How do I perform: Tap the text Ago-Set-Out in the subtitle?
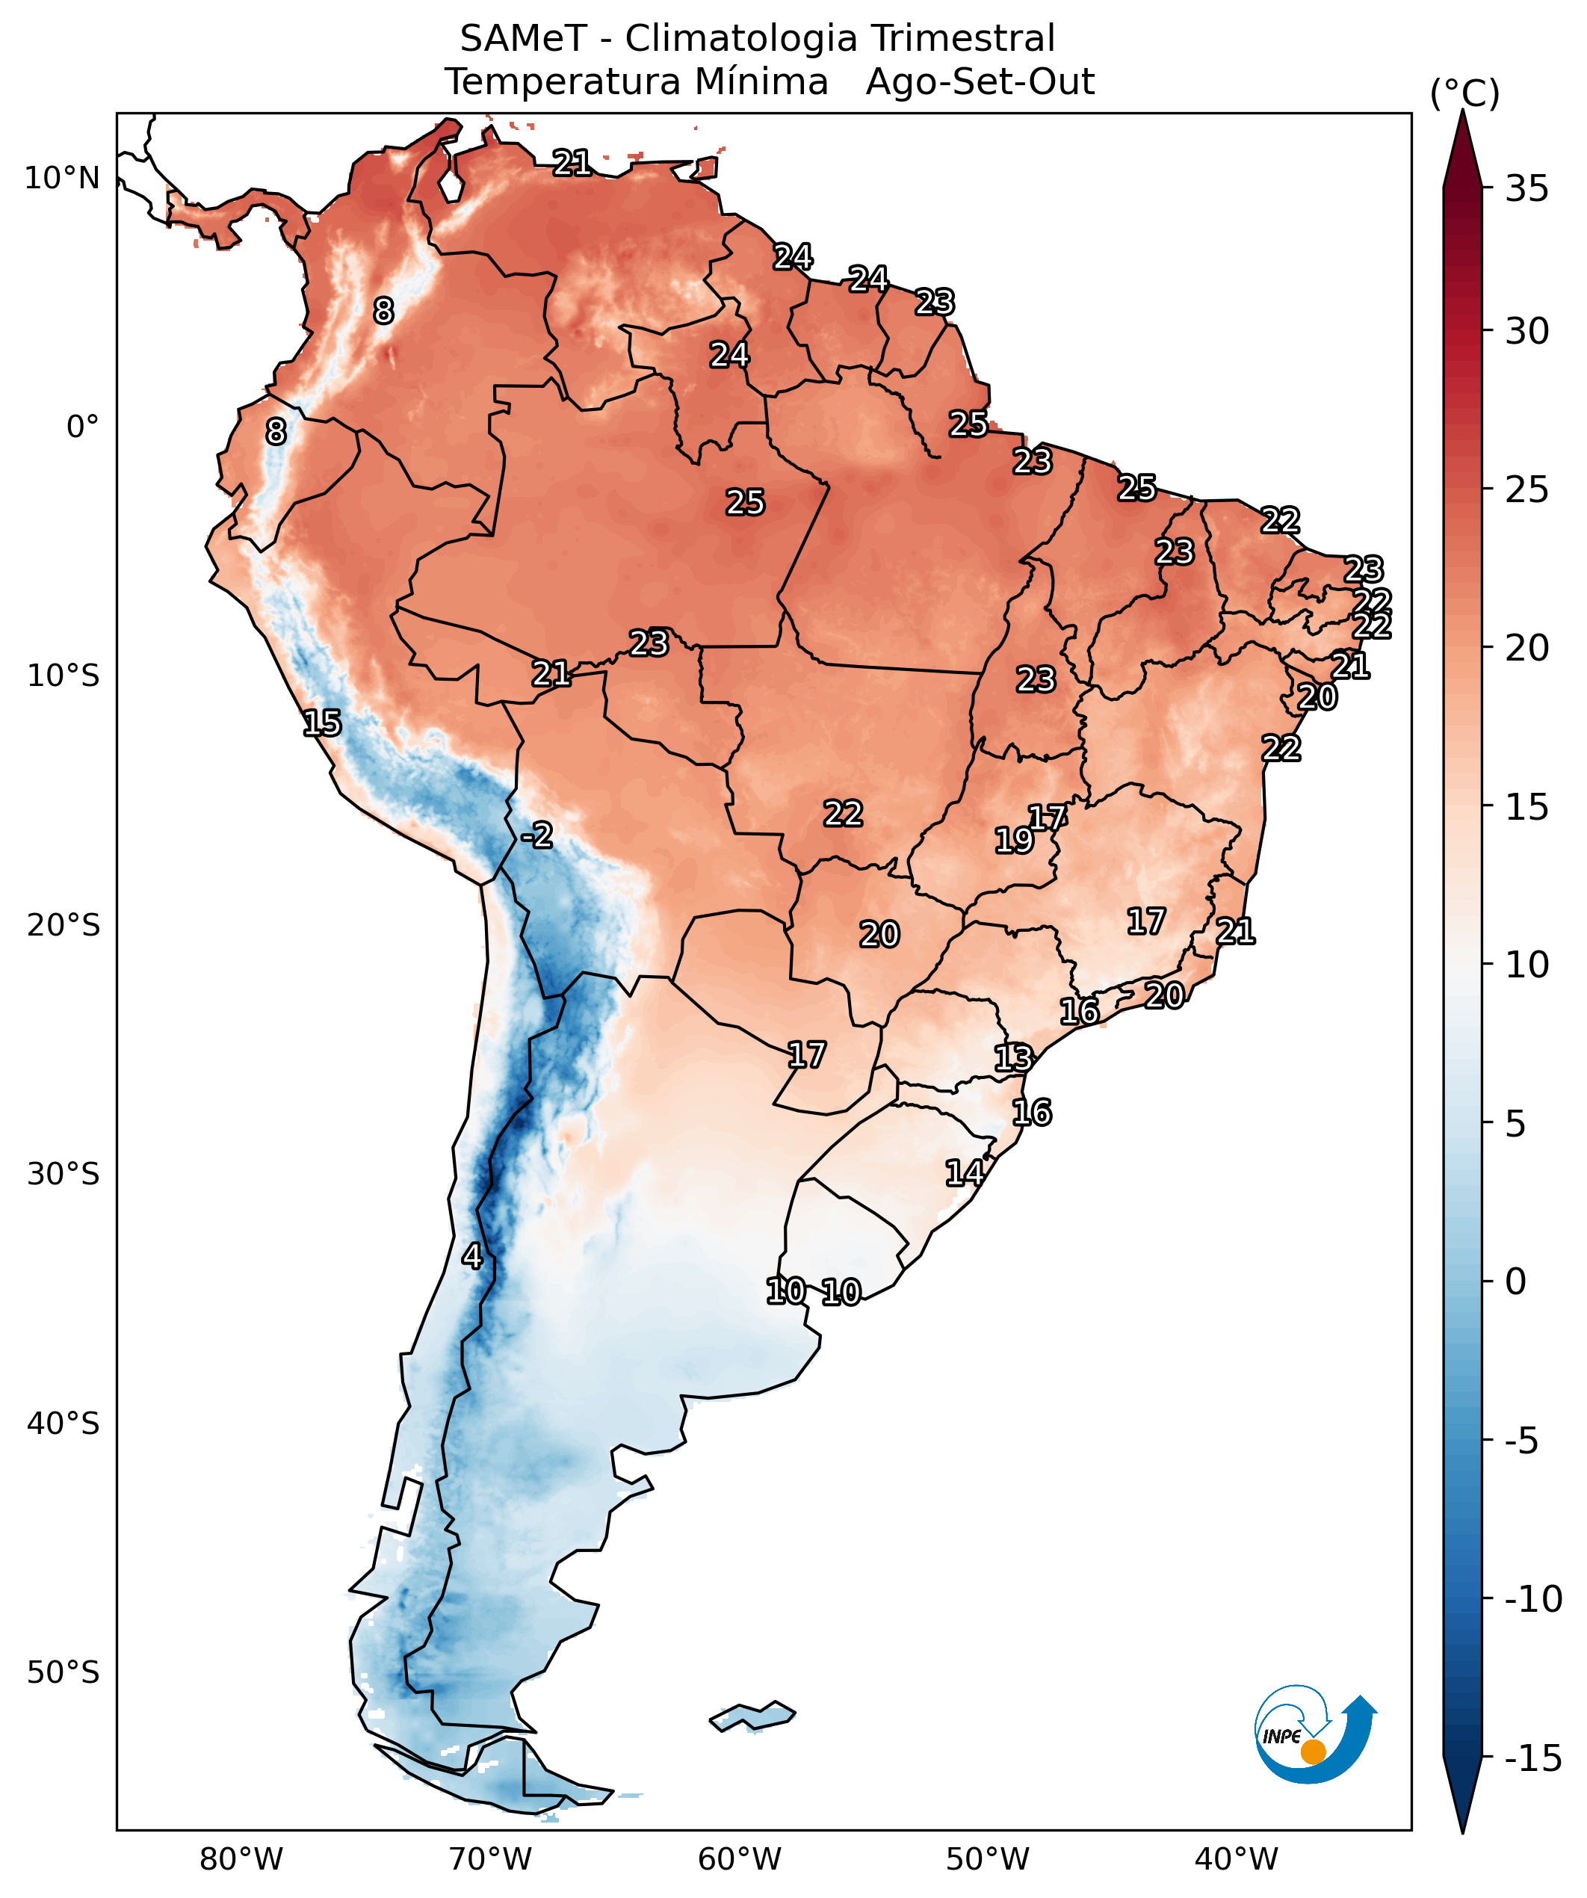[980, 82]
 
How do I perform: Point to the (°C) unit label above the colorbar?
[1464, 93]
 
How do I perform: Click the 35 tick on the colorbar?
[1526, 189]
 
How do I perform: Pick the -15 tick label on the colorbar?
[1532, 1758]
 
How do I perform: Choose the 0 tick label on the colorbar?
[1515, 1282]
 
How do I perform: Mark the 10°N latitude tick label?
[61, 178]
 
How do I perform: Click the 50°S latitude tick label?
[62, 1672]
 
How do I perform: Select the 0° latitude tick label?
[82, 427]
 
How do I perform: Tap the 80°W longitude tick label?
[241, 1859]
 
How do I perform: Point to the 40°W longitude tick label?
[1237, 1859]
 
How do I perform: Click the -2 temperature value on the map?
[536, 835]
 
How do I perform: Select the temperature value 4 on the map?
[471, 1255]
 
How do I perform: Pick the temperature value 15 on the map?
[322, 723]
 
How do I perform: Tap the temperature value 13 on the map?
[1012, 1057]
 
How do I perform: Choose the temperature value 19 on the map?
[1013, 841]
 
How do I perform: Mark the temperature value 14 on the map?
[965, 1173]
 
